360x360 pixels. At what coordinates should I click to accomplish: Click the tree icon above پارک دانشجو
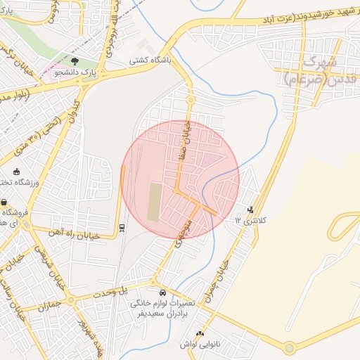(75, 62)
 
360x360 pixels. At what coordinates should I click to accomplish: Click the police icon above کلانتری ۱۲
(250, 209)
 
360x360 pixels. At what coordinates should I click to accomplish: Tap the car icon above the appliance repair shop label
(162, 292)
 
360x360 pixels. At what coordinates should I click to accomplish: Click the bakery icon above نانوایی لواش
(200, 333)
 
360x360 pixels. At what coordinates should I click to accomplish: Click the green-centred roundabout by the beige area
(289, 347)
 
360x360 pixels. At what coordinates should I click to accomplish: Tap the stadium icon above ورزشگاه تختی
(16, 172)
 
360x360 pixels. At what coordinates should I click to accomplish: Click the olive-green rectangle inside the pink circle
(153, 202)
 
